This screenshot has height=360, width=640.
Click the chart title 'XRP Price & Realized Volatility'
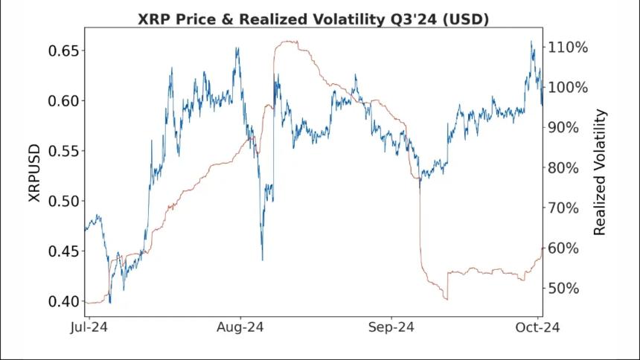pos(313,19)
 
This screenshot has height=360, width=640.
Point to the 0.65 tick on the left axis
pos(62,51)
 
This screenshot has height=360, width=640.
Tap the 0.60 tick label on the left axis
pos(62,101)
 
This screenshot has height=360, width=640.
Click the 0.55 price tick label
pos(62,151)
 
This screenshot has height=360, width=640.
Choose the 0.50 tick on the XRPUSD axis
pos(62,202)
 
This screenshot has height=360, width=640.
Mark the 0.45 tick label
pos(62,251)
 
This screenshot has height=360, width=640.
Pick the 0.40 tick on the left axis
pos(62,301)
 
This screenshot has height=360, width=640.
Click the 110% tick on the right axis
pos(569,47)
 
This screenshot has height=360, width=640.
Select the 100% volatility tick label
pos(569,87)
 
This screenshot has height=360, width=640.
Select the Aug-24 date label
pos(240,327)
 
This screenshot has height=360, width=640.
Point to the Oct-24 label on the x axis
pos(540,327)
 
